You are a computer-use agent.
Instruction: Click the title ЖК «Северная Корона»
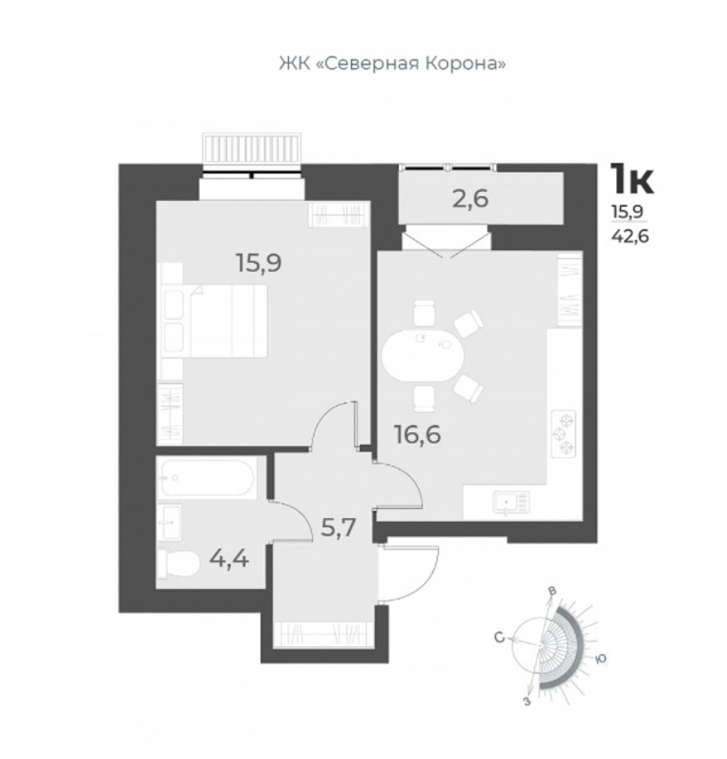[392, 64]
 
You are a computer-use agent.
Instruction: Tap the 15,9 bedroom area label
[259, 264]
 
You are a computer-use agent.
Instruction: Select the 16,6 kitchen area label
[418, 434]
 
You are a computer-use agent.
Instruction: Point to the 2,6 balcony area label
[471, 198]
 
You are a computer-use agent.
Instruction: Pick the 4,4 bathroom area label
[229, 559]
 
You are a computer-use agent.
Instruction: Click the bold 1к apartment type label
[632, 179]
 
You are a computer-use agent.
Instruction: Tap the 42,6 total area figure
[630, 236]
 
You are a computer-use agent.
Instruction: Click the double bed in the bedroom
[228, 321]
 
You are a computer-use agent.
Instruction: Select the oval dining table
[423, 356]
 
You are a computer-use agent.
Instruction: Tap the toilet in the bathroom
[178, 563]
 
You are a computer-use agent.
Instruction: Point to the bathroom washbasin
[169, 522]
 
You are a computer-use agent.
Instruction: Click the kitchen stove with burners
[564, 434]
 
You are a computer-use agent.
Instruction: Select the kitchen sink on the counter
[511, 503]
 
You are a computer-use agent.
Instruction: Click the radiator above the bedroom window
[252, 147]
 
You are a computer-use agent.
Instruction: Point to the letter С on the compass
[500, 637]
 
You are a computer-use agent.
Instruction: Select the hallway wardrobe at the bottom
[323, 634]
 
